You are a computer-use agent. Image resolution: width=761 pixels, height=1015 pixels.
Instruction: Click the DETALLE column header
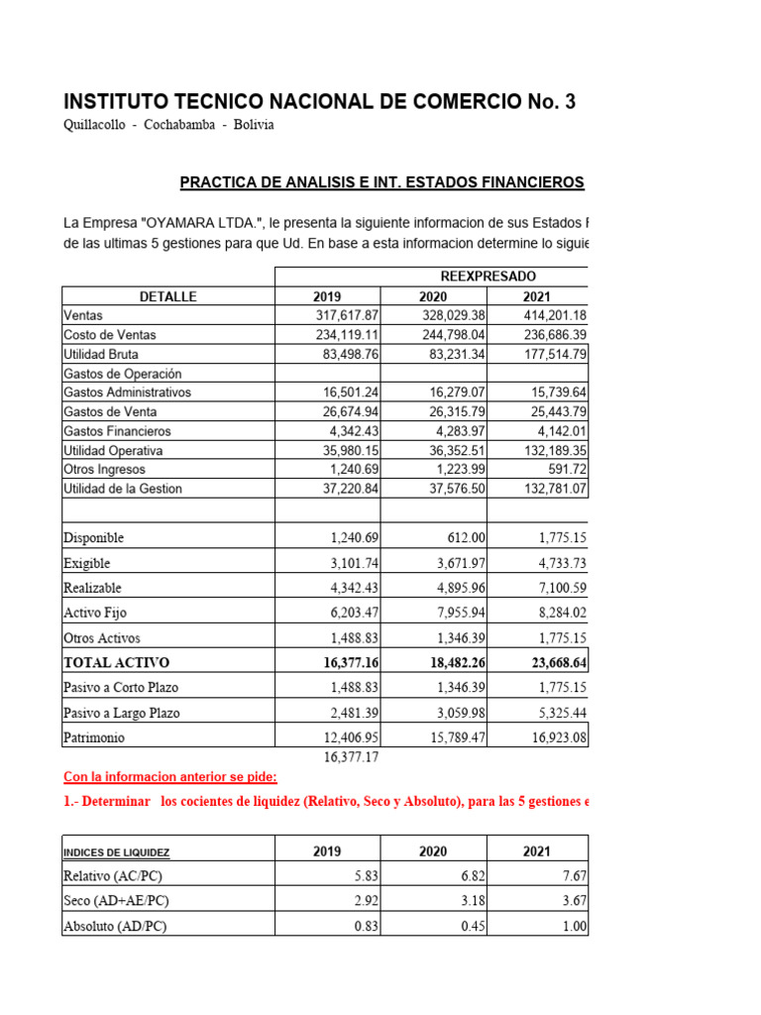pos(167,296)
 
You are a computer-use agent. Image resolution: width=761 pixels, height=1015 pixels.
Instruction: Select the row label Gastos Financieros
pos(117,431)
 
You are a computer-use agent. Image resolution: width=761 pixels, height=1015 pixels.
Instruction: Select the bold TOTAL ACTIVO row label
pos(116,662)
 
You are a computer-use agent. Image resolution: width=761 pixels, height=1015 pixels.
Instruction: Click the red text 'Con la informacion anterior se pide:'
pos(169,777)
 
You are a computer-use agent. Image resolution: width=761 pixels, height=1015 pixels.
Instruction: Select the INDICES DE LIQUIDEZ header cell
pos(116,852)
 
